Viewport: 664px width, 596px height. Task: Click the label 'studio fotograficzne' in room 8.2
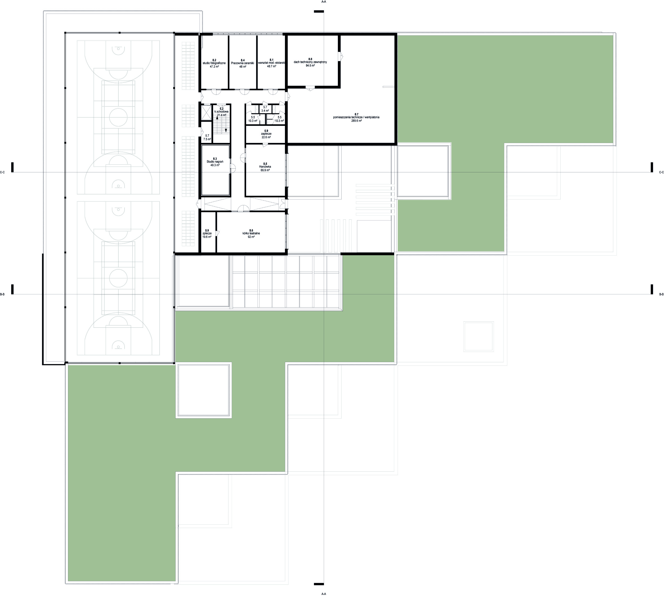click(x=214, y=63)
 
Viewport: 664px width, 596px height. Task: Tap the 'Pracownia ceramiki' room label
click(x=242, y=63)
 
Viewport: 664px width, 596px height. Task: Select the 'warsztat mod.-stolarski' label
click(x=272, y=63)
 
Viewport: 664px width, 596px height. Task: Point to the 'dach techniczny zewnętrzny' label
click(x=310, y=62)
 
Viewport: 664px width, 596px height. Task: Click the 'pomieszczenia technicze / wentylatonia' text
click(x=356, y=117)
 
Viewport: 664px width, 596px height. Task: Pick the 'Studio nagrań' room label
click(x=215, y=162)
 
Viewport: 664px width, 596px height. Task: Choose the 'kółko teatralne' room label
click(x=251, y=233)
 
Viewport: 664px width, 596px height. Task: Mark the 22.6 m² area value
click(x=266, y=137)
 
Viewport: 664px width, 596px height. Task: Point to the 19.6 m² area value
click(x=207, y=237)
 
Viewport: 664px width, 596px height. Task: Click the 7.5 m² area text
click(x=207, y=139)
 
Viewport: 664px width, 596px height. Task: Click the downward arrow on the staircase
click(x=226, y=130)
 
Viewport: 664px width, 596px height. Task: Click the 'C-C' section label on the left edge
click(x=2, y=172)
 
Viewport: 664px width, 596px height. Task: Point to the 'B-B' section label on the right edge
click(x=661, y=294)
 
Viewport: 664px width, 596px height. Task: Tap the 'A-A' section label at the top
click(x=324, y=2)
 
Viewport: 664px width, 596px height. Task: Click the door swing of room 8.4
click(x=242, y=92)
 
